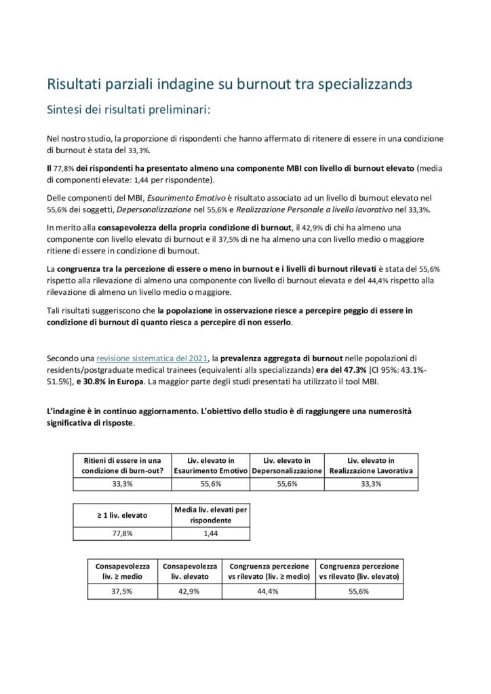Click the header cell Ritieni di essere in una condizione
[122, 465]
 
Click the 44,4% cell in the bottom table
[269, 591]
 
